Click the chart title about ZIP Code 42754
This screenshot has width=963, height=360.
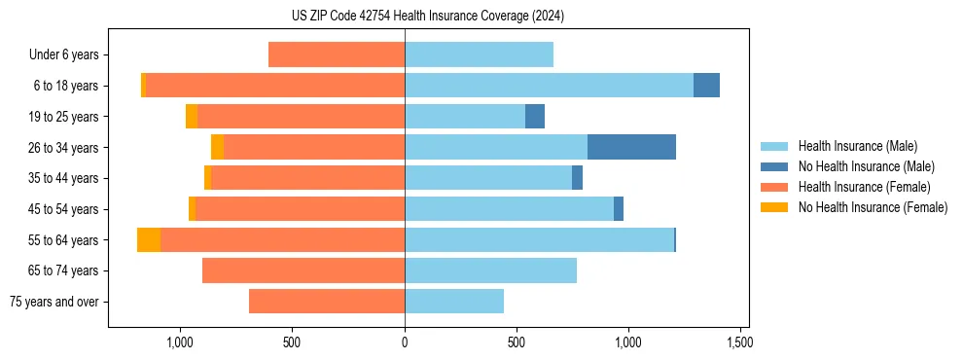(x=428, y=16)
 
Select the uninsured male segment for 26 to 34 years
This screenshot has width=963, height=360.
(x=631, y=147)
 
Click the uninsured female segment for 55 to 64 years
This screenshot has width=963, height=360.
(x=149, y=239)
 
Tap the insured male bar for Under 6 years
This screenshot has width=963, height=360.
(x=479, y=54)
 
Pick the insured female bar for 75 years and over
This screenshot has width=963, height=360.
(x=327, y=302)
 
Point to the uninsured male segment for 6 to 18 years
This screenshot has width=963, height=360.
(x=706, y=86)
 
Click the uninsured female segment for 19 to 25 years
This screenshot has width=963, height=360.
(x=192, y=116)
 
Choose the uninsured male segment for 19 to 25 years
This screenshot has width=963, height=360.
(x=535, y=116)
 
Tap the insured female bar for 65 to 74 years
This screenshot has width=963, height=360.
(x=303, y=270)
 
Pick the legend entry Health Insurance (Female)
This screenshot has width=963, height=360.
(x=864, y=187)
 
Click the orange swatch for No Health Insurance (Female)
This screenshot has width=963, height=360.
(x=774, y=207)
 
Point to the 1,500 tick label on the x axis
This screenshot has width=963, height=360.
(x=739, y=342)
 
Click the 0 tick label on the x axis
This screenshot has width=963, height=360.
(x=405, y=342)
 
